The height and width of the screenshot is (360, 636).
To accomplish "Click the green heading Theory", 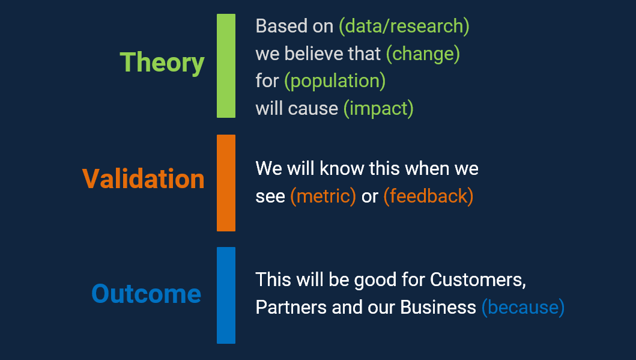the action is (162, 63).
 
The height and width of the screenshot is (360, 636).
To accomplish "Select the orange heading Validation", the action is (143, 178).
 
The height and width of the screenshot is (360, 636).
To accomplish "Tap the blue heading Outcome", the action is (147, 293).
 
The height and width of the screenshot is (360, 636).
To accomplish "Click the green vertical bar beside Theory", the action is (226, 66).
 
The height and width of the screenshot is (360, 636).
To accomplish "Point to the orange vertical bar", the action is (226, 183).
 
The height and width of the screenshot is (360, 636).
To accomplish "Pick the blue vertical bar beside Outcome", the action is (226, 296).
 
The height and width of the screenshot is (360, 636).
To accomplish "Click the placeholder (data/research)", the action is (404, 26).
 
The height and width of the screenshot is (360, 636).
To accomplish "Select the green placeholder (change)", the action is (423, 54).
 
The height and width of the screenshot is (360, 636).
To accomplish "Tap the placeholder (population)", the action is (335, 81).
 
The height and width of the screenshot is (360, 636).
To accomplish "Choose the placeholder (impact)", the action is (378, 109).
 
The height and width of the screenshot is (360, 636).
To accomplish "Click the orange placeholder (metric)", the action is (323, 197).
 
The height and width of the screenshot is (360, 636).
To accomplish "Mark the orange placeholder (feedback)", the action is (428, 197).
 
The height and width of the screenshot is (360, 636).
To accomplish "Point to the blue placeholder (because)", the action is (523, 307).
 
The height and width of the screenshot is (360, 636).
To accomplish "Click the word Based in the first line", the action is (280, 26).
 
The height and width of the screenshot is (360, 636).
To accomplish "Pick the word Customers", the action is (478, 280).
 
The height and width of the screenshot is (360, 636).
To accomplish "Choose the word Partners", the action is (291, 307).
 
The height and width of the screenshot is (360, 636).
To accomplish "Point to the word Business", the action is (438, 307).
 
